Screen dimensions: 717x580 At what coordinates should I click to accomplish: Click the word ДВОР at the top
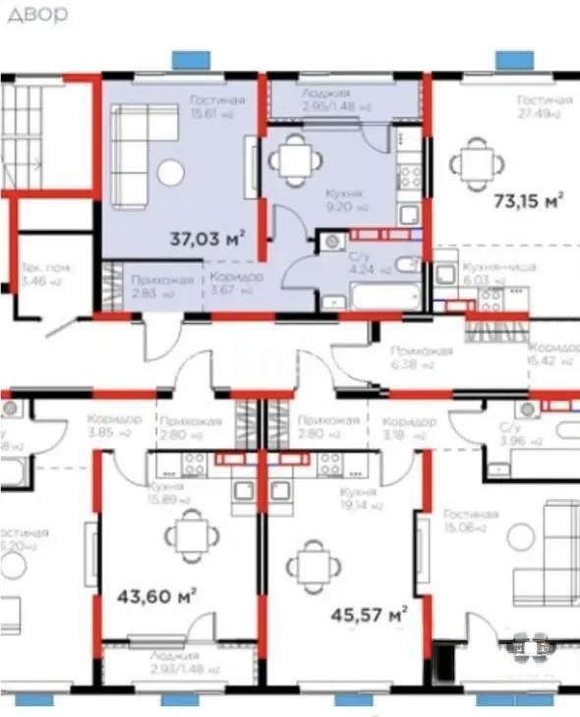point(35,14)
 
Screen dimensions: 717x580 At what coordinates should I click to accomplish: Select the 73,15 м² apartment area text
point(527,201)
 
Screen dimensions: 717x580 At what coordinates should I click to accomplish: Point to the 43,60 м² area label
point(156,596)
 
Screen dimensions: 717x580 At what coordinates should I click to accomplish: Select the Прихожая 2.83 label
point(150,286)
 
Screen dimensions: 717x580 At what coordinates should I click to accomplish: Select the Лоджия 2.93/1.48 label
point(175,661)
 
